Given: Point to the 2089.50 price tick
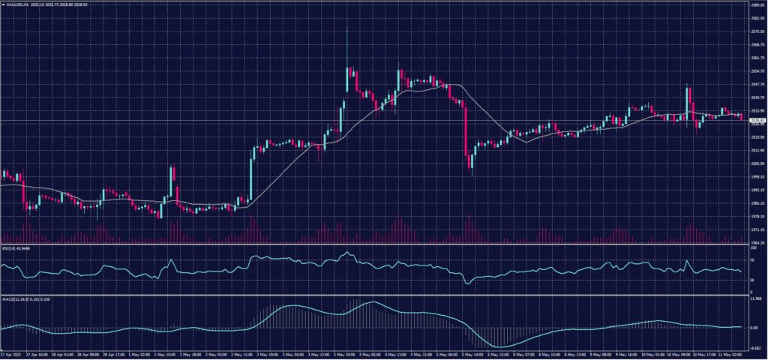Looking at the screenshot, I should (757, 5).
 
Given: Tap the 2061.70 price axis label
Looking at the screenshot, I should (757, 57).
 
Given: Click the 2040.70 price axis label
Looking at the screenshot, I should (757, 97).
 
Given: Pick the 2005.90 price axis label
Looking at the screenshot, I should (757, 163).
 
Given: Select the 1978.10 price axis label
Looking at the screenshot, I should (757, 216).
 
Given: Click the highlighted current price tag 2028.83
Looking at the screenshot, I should (757, 120).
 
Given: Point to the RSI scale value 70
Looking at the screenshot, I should (752, 259).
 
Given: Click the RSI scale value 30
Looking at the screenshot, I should (752, 280).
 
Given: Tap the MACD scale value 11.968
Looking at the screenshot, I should (756, 298).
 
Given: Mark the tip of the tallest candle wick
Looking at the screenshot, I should (347, 28).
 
